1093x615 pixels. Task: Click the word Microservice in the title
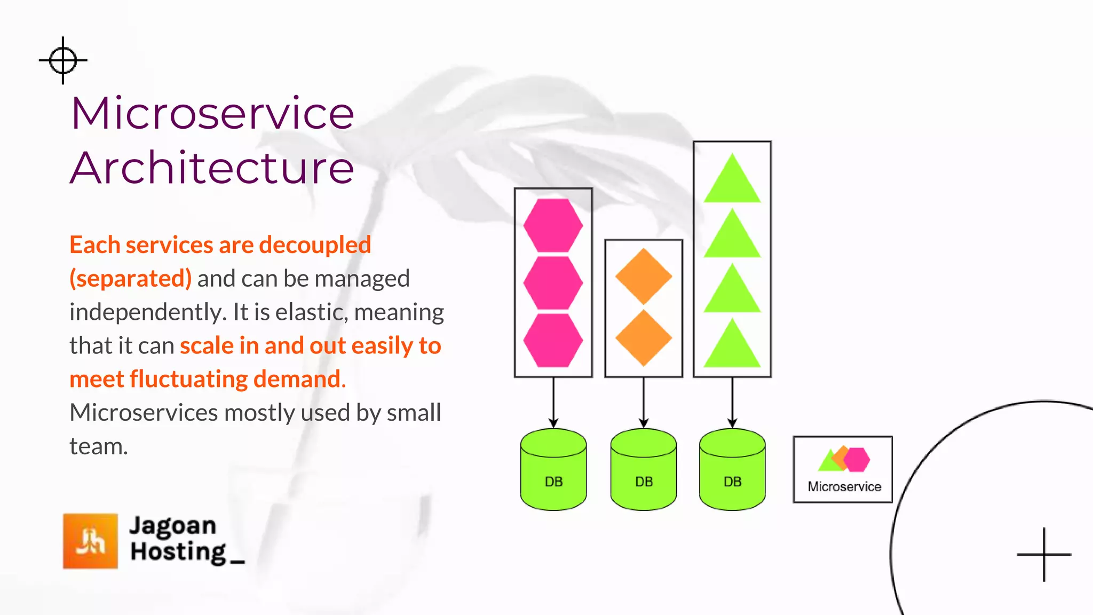[212, 114]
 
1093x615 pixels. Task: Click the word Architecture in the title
[212, 168]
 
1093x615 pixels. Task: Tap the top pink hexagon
[553, 225]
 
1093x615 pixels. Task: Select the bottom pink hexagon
[553, 340]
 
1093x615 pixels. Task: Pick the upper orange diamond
[644, 277]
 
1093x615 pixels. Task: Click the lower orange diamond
[644, 338]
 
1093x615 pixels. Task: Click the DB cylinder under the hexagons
[553, 470]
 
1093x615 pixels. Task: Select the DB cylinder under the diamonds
[644, 470]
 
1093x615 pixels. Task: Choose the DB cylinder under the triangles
[732, 470]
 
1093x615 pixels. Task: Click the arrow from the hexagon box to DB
[553, 403]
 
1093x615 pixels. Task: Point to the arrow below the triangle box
[732, 403]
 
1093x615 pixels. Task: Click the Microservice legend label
[844, 486]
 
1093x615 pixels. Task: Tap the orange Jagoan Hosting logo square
[90, 541]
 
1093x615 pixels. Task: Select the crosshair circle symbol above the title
[63, 60]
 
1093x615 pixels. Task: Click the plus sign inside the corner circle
[1044, 555]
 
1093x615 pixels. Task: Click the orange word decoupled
[315, 245]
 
